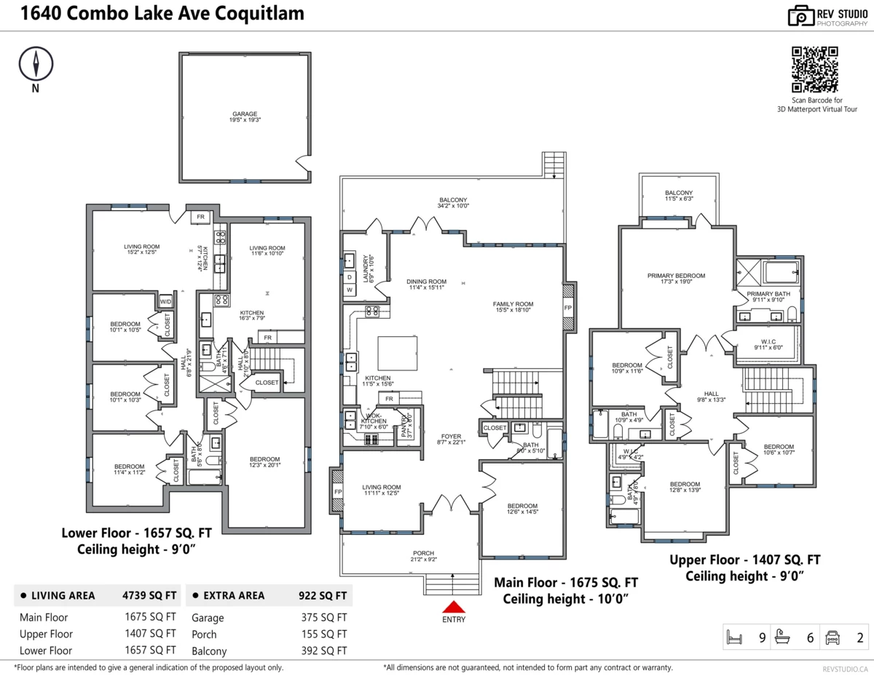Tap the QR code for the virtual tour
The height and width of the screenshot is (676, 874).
click(814, 69)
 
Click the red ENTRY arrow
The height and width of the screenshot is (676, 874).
click(453, 606)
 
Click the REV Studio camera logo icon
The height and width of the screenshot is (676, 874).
click(801, 15)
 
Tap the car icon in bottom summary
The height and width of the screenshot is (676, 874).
click(832, 638)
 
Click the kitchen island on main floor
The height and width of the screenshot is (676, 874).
click(397, 353)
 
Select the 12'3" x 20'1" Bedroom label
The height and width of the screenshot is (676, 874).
click(265, 462)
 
